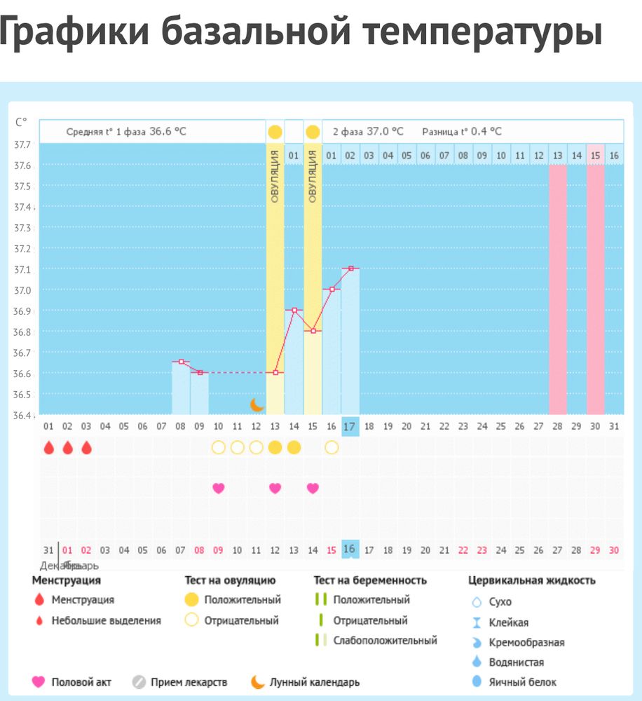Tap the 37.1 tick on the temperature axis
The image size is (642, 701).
tap(22, 269)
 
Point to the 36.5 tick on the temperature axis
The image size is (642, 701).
tap(22, 394)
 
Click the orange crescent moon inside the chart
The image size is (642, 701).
tap(257, 404)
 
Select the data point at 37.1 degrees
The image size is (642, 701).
tap(350, 268)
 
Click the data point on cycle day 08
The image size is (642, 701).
tap(182, 362)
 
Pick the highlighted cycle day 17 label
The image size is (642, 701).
tap(350, 426)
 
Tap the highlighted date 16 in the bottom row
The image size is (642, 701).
tap(350, 550)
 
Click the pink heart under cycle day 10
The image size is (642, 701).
tap(219, 488)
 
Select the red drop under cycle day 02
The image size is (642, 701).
tap(67, 447)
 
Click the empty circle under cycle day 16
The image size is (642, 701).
tap(332, 447)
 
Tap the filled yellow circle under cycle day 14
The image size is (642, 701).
tap(294, 447)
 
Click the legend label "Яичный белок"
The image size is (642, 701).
tap(524, 681)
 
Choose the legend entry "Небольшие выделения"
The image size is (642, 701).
tap(106, 620)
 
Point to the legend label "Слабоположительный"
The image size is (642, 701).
tap(385, 640)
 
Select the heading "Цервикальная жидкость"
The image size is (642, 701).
tap(532, 580)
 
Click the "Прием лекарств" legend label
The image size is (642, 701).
tap(184, 681)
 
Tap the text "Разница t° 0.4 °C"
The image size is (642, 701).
tap(462, 131)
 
